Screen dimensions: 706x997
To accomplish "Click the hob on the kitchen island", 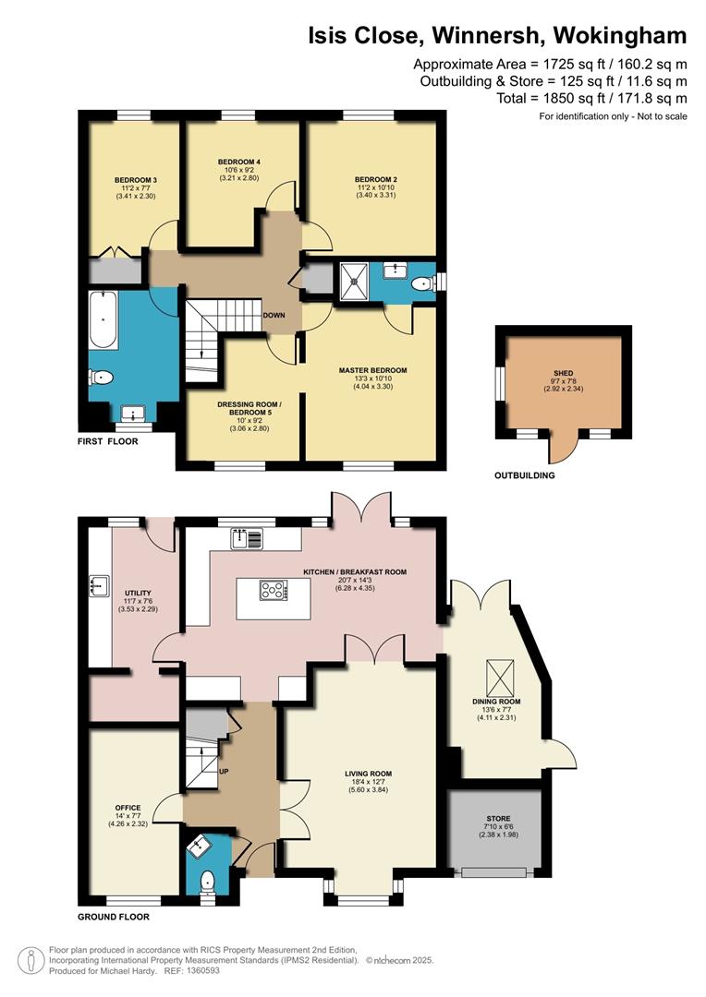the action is (x=274, y=591).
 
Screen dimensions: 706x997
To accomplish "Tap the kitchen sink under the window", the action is (x=247, y=539).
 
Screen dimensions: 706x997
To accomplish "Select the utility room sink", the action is (x=99, y=585).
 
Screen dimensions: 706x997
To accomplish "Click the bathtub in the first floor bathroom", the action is (x=103, y=319).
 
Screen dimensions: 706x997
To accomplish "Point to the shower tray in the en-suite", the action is (x=355, y=282).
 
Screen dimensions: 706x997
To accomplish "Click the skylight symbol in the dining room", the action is (x=500, y=678).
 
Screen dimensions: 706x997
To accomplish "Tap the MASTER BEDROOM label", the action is (x=372, y=370).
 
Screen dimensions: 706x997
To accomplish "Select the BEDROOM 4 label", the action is (x=238, y=162).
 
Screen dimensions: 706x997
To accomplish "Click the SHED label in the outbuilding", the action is (x=564, y=373).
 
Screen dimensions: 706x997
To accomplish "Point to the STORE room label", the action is (x=498, y=818).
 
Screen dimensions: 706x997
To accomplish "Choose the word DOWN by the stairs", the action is (x=274, y=316).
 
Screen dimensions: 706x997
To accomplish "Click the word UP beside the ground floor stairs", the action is (x=224, y=771).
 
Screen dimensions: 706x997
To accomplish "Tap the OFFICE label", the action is (x=128, y=808).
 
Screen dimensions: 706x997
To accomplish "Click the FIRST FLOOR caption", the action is (x=107, y=441).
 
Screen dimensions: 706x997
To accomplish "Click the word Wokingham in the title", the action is (x=620, y=35).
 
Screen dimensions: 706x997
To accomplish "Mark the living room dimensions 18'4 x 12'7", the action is (x=368, y=782).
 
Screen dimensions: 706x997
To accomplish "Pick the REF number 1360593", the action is (x=201, y=971).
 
